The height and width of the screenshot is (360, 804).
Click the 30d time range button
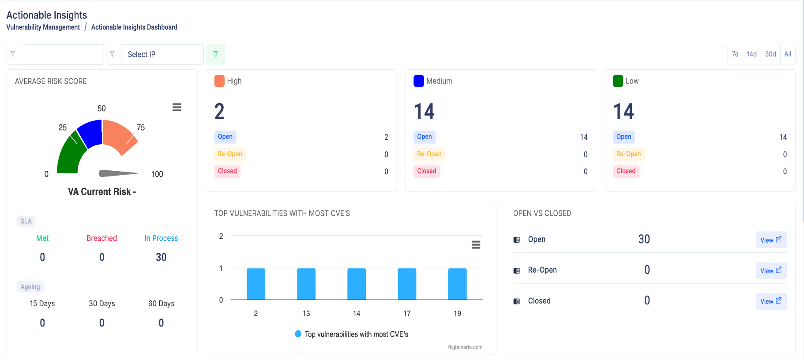770,54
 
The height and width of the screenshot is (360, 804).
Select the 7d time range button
735,54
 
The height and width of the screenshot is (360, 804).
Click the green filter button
215,54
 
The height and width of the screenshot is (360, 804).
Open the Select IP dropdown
162,54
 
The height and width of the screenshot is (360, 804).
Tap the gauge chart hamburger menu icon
177,107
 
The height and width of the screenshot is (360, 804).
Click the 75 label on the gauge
141,127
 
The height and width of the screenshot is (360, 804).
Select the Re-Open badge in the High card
230,154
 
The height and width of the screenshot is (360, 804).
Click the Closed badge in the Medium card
426,171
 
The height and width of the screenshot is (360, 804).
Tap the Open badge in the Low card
624,137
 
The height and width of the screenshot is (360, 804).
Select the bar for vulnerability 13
306,284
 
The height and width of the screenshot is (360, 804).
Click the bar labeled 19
457,284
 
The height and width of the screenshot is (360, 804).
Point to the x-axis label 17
407,314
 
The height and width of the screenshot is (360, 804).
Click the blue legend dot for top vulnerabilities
298,334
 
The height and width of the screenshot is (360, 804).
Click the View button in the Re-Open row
771,271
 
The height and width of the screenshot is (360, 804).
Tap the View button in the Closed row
771,301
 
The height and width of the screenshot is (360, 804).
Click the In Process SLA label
161,238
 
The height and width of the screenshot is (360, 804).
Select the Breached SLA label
101,238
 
